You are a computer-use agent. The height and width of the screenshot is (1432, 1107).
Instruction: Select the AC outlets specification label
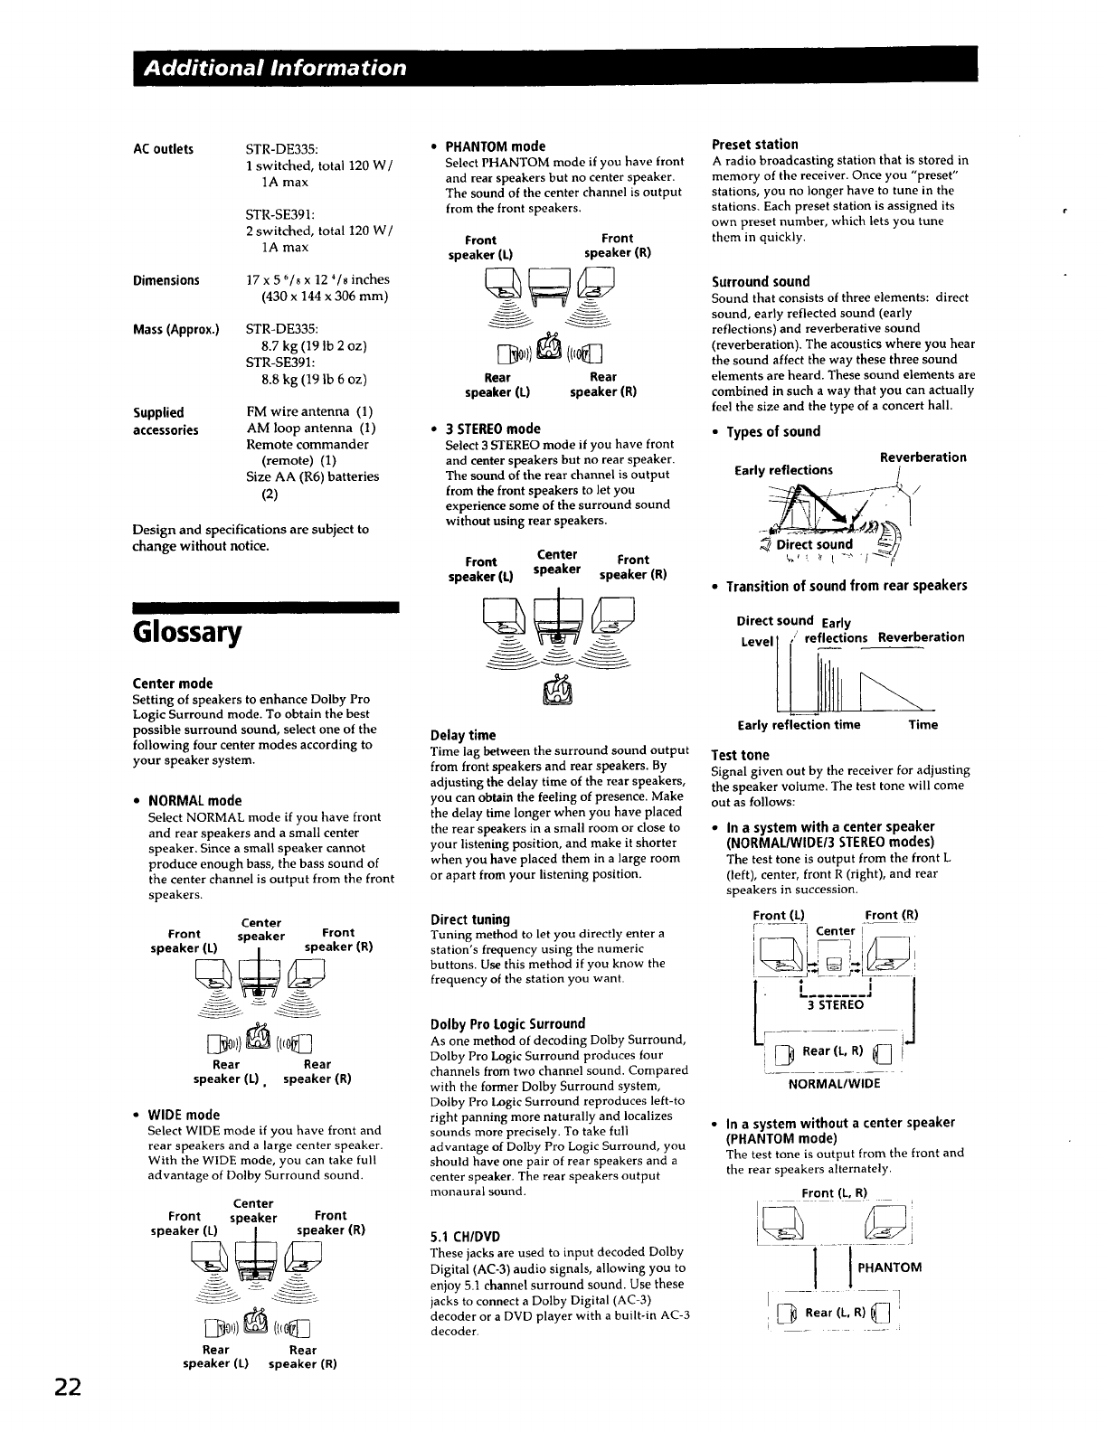(x=163, y=149)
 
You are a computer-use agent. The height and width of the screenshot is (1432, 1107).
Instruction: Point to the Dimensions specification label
(x=166, y=280)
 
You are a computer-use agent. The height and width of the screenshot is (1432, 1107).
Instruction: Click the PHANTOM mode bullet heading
(x=496, y=146)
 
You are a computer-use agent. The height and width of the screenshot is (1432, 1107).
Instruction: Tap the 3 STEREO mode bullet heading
(x=493, y=429)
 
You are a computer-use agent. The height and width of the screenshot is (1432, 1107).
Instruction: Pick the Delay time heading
(x=463, y=735)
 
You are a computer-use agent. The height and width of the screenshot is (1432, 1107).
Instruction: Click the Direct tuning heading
(x=470, y=919)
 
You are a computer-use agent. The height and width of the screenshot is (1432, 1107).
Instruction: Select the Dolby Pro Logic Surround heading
(x=508, y=1024)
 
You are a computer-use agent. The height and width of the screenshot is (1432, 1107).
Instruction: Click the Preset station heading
(x=755, y=145)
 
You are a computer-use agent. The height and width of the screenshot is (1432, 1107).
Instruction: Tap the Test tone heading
(x=741, y=755)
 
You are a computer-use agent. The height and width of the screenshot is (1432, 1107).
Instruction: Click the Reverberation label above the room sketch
(x=922, y=457)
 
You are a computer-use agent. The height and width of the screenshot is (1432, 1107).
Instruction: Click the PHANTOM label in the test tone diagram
(x=889, y=1267)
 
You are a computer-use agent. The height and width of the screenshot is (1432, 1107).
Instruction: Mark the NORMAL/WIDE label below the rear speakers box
(x=835, y=1084)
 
